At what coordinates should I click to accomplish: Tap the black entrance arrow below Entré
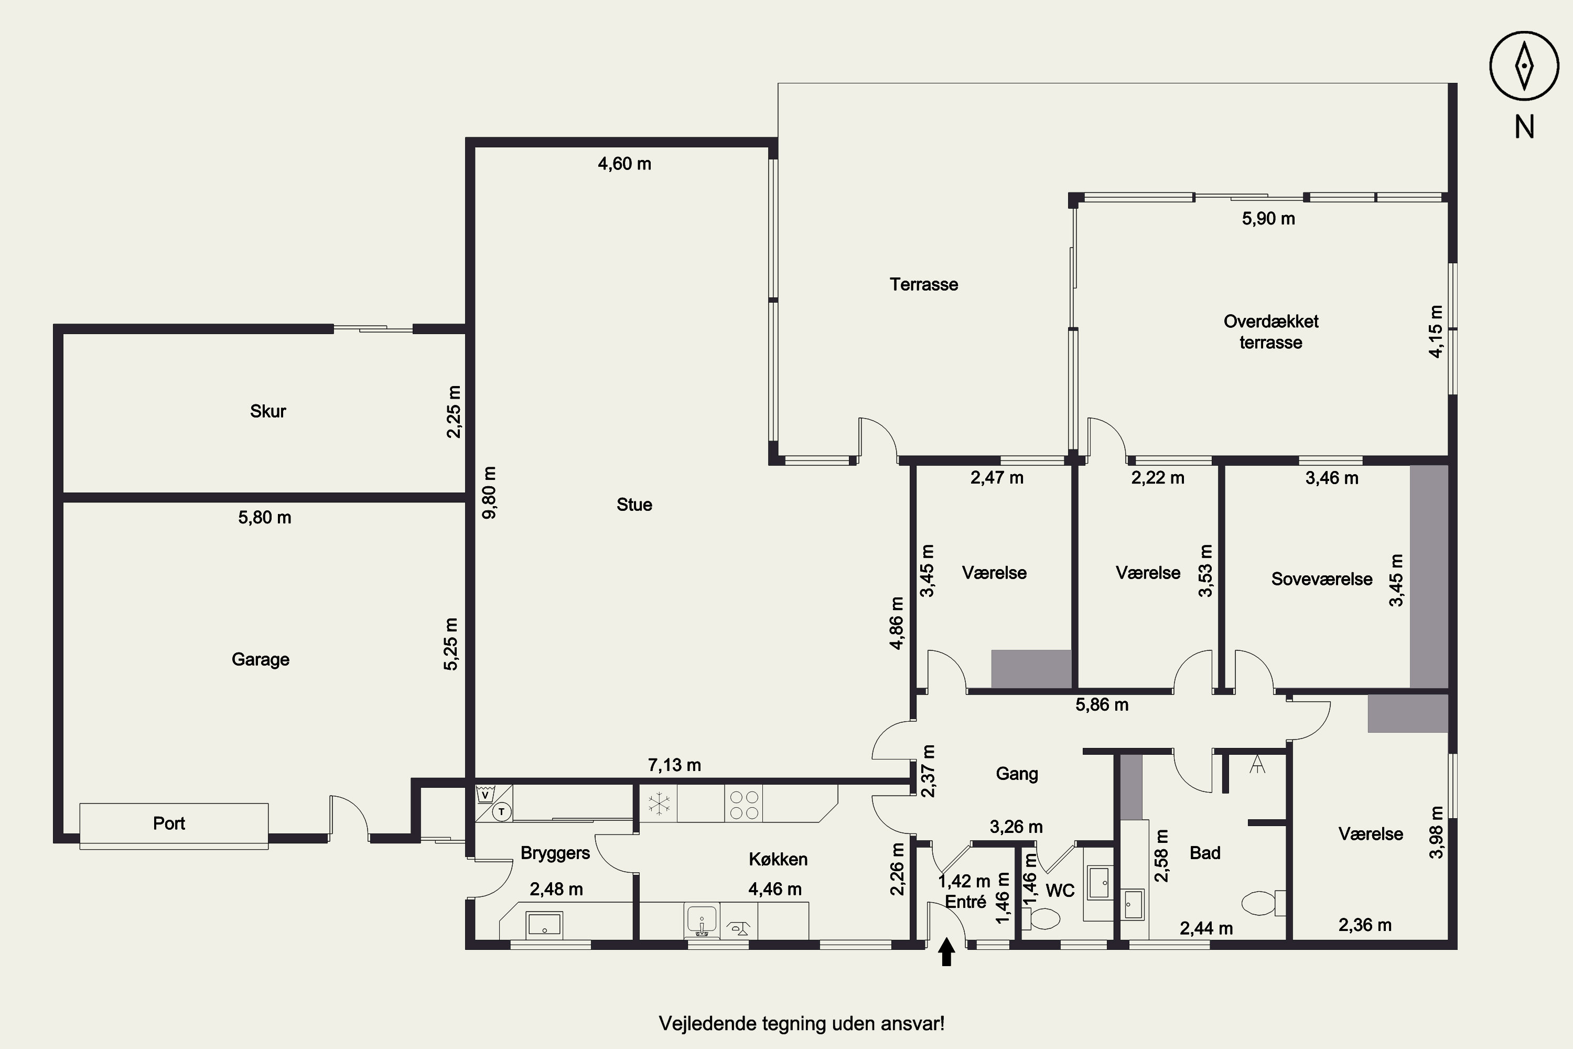[x=946, y=952]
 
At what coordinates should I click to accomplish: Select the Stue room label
[x=634, y=505]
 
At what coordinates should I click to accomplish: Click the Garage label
[x=260, y=660]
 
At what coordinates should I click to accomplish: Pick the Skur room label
[x=267, y=411]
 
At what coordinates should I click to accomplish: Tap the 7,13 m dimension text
[x=674, y=765]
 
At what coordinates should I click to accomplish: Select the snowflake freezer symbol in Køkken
[x=660, y=804]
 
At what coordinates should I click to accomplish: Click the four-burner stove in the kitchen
[x=744, y=804]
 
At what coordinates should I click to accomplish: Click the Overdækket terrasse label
[x=1270, y=332]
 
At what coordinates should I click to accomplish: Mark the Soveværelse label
[x=1321, y=579]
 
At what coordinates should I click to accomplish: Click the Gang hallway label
[x=1017, y=774]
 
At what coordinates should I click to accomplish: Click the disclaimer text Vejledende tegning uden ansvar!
[x=801, y=1024]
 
